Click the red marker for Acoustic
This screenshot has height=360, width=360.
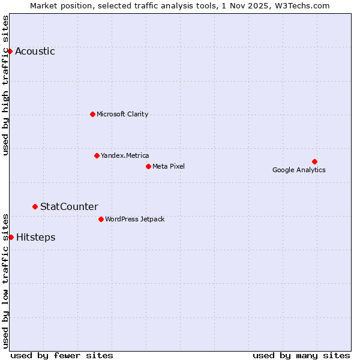[10, 51]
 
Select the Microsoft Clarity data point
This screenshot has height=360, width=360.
[92, 114]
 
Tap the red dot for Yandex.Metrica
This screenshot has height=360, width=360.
[97, 155]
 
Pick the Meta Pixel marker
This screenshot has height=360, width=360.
[148, 166]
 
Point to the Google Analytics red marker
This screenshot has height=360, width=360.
[314, 161]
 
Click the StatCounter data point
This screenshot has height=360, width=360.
[35, 206]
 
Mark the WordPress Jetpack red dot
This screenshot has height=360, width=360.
[101, 219]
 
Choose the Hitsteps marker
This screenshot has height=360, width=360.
[11, 237]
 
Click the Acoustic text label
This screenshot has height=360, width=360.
[35, 52]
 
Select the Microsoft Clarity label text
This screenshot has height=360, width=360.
[122, 114]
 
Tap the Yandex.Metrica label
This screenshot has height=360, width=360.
[125, 155]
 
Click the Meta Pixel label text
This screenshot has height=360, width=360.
[169, 166]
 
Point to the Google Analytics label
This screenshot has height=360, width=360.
[299, 170]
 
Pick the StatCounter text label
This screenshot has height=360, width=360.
[69, 207]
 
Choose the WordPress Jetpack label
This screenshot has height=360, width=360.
[134, 219]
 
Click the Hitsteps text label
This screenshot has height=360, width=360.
[35, 238]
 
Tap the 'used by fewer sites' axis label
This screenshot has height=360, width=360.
[62, 355]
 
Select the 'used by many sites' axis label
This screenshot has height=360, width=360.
[301, 355]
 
